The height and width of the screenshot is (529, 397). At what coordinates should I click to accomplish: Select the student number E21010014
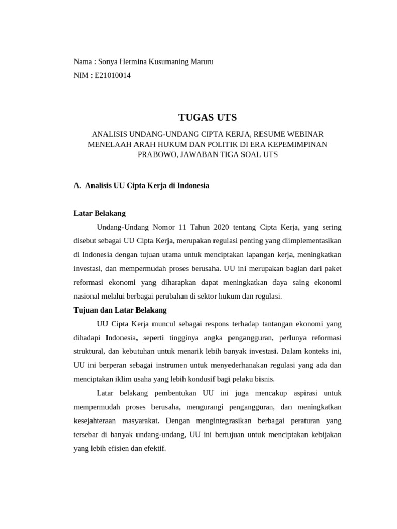pos(113,75)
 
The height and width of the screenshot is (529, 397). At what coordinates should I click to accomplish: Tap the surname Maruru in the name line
pos(200,62)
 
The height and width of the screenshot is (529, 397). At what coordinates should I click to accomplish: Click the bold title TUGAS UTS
pos(207,118)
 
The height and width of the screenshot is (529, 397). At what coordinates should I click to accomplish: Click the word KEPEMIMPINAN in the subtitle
pos(301,144)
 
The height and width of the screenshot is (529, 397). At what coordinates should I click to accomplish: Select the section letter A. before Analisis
pos(78,185)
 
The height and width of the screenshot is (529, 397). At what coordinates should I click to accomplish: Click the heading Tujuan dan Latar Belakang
pos(120,310)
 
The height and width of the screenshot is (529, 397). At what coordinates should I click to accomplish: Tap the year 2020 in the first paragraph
pos(219,227)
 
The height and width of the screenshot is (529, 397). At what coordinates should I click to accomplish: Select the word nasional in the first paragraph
pos(88,296)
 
